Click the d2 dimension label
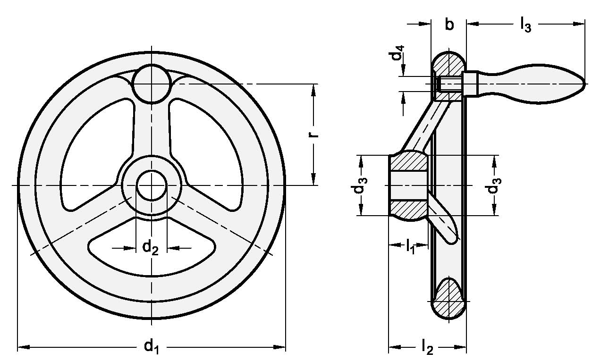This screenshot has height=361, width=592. pyautogui.click(x=150, y=248)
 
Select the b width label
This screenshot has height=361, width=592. pyautogui.click(x=449, y=24)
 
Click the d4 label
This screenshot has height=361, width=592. pyautogui.click(x=397, y=53)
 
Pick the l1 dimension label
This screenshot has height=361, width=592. pyautogui.click(x=410, y=246)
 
